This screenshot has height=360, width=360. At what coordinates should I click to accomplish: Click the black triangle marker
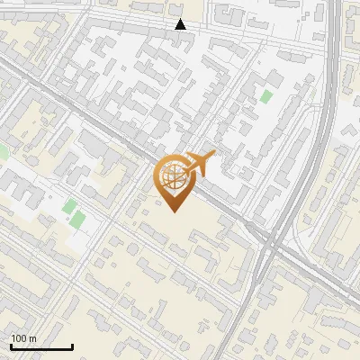pyautogui.click(x=181, y=24)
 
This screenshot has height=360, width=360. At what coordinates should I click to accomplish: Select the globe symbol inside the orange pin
pyautogui.click(x=172, y=176)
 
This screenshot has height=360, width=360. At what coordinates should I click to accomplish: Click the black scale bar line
pyautogui.click(x=41, y=347)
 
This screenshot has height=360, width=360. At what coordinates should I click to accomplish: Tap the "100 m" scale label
pyautogui.click(x=23, y=338)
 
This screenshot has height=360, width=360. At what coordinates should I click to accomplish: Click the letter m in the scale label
pyautogui.click(x=32, y=339)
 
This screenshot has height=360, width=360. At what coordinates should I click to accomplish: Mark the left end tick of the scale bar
pyautogui.click(x=11, y=346)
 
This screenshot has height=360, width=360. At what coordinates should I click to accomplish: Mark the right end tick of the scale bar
pyautogui.click(x=72, y=346)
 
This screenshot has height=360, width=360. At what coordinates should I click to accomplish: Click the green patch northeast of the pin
pyautogui.click(x=265, y=95)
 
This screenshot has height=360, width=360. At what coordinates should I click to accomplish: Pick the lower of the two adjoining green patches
pyautogui.click(x=77, y=220)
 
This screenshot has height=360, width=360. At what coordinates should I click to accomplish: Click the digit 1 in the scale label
pyautogui.click(x=13, y=339)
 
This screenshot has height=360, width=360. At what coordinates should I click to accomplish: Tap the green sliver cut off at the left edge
pyautogui.click(x=3, y=153)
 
